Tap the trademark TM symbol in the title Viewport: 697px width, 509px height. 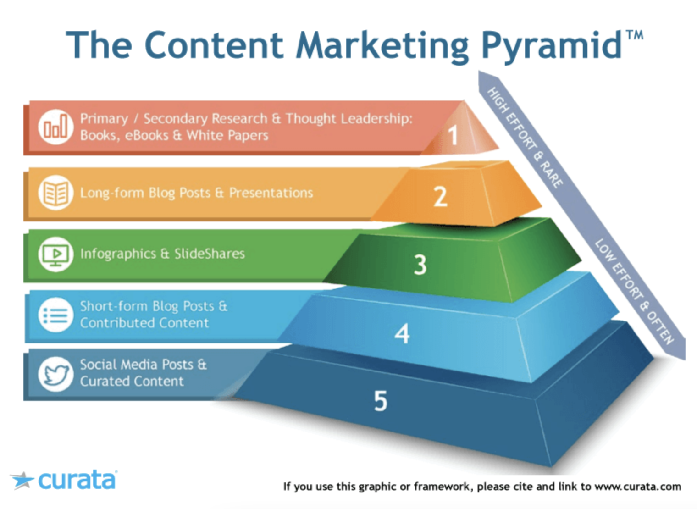click(x=635, y=35)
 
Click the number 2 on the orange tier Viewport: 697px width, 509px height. click(x=440, y=197)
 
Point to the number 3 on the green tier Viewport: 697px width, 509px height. click(x=420, y=265)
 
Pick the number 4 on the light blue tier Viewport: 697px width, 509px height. click(x=402, y=333)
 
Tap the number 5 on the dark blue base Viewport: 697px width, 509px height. click(x=380, y=401)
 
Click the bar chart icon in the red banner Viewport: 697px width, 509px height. click(x=55, y=127)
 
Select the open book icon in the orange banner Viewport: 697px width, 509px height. click(x=55, y=193)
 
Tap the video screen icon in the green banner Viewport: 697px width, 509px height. click(x=55, y=254)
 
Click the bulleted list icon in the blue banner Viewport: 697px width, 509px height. click(x=55, y=315)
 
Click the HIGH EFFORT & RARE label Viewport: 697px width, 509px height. click(x=525, y=137)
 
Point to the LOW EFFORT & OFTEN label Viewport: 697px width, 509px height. click(x=635, y=291)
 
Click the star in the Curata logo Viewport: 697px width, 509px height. click(x=22, y=480)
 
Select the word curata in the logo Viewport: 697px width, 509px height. click(x=77, y=480)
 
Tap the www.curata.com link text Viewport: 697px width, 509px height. click(x=638, y=487)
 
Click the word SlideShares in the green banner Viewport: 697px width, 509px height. click(x=210, y=254)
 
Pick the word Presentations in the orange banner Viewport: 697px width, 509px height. click(x=271, y=193)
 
